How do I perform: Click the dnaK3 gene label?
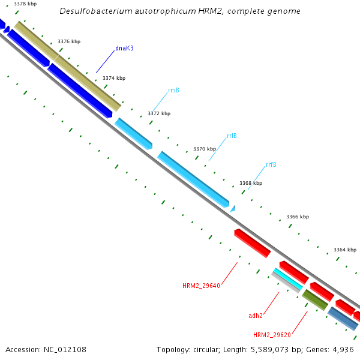(x=124, y=48)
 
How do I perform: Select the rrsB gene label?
(x=173, y=90)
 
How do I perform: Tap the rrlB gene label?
(x=232, y=136)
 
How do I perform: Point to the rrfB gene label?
(x=271, y=164)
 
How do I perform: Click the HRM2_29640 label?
(x=201, y=286)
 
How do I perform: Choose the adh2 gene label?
(x=256, y=315)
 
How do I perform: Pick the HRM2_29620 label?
(x=272, y=335)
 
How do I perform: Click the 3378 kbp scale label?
(x=25, y=4)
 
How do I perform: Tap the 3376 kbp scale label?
(x=69, y=41)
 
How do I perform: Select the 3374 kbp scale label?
(x=114, y=78)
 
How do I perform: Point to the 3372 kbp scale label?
(x=159, y=113)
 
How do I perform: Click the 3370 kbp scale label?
(x=204, y=149)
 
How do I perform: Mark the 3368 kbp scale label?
(x=251, y=183)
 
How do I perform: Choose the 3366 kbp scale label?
(x=298, y=217)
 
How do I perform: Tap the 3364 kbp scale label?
(x=345, y=250)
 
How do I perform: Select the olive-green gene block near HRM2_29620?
(x=314, y=299)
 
